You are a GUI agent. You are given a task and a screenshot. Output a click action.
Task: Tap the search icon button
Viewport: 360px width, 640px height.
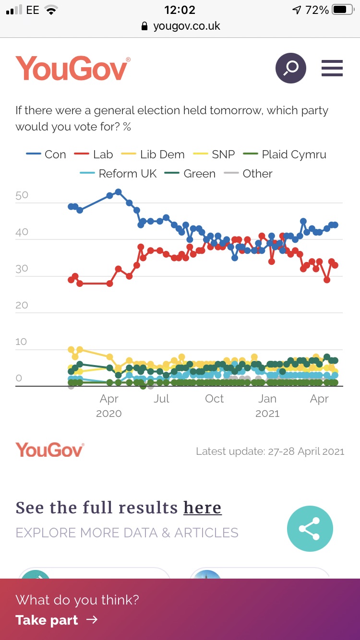(290, 68)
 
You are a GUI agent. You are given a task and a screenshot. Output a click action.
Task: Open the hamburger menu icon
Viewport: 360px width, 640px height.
(332, 68)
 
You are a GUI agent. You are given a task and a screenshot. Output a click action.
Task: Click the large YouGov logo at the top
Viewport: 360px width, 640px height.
(72, 69)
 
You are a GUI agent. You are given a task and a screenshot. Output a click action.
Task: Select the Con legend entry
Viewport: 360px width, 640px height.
(46, 154)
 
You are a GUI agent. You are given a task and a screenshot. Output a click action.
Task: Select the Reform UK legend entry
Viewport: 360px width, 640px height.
(119, 174)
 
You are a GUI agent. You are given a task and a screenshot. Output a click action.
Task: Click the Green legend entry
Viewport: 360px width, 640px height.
(190, 174)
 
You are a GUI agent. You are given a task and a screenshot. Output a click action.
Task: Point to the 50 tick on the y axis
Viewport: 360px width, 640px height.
(22, 195)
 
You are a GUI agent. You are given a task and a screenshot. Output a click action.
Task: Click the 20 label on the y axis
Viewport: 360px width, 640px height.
(22, 305)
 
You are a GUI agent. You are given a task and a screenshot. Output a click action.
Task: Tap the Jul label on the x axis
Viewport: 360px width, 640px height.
(162, 399)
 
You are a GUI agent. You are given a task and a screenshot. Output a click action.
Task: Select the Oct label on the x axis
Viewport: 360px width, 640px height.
(214, 399)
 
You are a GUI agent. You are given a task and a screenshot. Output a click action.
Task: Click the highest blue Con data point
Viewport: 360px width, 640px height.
(118, 192)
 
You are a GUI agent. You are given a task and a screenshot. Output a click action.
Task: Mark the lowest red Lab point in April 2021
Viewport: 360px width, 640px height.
(327, 280)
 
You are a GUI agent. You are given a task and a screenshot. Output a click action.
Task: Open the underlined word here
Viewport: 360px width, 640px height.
(202, 508)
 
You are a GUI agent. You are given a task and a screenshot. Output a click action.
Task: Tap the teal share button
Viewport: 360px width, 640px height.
(310, 529)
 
